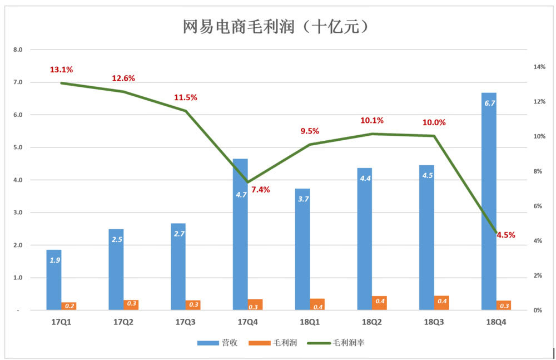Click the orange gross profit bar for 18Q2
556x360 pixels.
coord(379,303)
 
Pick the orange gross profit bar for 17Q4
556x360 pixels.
coord(255,304)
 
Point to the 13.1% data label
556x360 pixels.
coord(61,70)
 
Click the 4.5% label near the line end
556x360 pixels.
coord(505,235)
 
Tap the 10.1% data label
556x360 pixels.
coord(372,120)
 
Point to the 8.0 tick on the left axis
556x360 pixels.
coord(18,50)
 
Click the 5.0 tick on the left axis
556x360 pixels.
coord(18,147)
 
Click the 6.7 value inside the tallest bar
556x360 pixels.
coord(490,103)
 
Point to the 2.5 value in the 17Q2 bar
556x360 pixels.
coord(116,239)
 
